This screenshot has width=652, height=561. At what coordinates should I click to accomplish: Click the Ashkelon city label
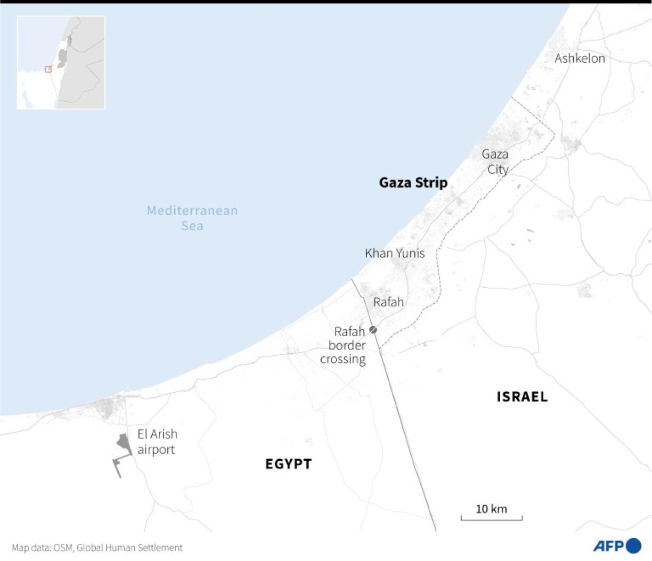coord(580,58)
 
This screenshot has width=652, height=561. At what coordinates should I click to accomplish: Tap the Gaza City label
coord(495,161)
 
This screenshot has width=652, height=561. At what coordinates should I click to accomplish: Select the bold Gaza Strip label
coord(413,183)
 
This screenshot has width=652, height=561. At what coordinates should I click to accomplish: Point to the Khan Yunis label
coord(395,253)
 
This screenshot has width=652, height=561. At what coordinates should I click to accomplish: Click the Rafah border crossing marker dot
coord(373,330)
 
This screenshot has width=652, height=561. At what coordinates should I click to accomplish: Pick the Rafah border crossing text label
coord(344,345)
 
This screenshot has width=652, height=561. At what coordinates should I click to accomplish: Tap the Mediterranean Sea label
coord(192,218)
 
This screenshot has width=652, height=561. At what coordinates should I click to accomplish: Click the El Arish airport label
coord(157,442)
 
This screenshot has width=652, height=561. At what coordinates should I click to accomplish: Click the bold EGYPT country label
coord(288,464)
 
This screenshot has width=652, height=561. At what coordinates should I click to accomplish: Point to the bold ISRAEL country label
coord(522,397)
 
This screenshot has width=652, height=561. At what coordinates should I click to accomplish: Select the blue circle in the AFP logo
coord(634,546)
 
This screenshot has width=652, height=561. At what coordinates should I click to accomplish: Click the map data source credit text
coord(97,548)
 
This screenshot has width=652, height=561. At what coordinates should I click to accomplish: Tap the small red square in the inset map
coord(48,69)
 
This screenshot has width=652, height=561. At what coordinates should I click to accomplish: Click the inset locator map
coord(61,62)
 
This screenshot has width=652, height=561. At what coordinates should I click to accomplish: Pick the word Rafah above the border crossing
coord(388,302)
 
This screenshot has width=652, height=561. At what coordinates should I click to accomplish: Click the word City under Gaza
coord(498,169)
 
